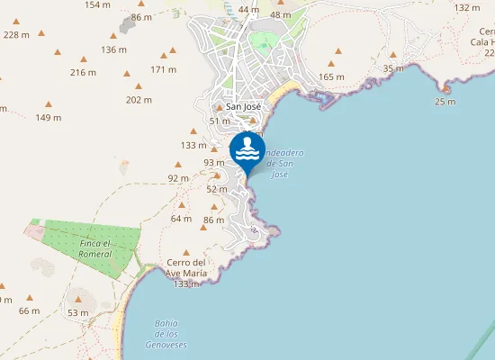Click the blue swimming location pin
pyautogui.click(x=247, y=150)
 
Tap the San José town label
pyautogui.click(x=243, y=106)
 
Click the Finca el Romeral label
pyautogui.click(x=94, y=249)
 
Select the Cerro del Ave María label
pyautogui.click(x=187, y=268)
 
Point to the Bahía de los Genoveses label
pyautogui.click(x=166, y=333)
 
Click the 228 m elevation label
pyautogui.click(x=16, y=34)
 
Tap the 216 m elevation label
pyautogui.click(x=83, y=72)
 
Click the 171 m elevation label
pyautogui.click(x=163, y=69)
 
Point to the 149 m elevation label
pyautogui.click(x=49, y=117)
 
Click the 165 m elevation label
pyautogui.click(x=331, y=76)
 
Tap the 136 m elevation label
pyautogui.click(x=114, y=49)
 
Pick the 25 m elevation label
pyautogui.click(x=445, y=102)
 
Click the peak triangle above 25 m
pyautogui.click(x=445, y=88)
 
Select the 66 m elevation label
pyautogui.click(x=30, y=310)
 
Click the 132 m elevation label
pyautogui.click(x=467, y=7)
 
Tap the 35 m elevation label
pyautogui.click(x=393, y=68)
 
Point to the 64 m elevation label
pyautogui.click(x=181, y=219)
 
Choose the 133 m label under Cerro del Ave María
pyautogui.click(x=185, y=284)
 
